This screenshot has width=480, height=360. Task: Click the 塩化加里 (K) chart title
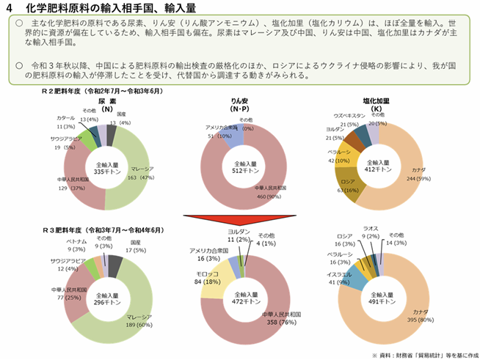(376, 103)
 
